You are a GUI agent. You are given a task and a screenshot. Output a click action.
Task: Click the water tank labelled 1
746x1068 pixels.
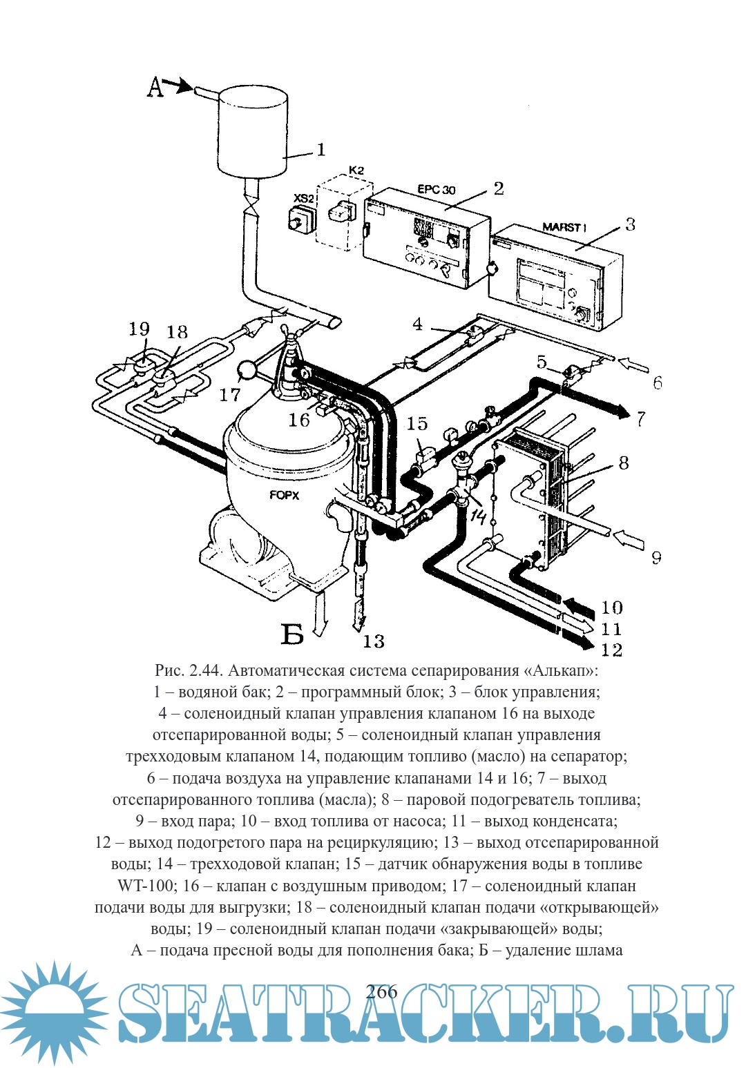pyautogui.click(x=252, y=131)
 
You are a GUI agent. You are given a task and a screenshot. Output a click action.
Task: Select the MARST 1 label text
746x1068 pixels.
pyautogui.click(x=564, y=227)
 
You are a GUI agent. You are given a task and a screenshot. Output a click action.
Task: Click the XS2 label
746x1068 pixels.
pyautogui.click(x=305, y=198)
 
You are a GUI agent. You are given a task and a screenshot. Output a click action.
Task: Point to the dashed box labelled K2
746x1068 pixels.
pyautogui.click(x=343, y=211)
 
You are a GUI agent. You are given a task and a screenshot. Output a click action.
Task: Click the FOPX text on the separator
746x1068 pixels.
pyautogui.click(x=284, y=495)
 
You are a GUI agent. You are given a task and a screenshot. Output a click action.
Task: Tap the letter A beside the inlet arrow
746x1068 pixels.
pyautogui.click(x=156, y=88)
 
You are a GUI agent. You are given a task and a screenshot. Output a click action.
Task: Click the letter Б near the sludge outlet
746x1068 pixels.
pyautogui.click(x=293, y=633)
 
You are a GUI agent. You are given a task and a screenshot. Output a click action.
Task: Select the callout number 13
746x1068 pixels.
pyautogui.click(x=373, y=641)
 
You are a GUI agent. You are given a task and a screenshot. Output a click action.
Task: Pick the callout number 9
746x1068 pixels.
pyautogui.click(x=656, y=557)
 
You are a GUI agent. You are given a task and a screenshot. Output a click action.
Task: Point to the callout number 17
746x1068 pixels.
pyautogui.click(x=229, y=395)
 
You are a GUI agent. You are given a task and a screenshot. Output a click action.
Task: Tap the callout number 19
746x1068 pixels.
pyautogui.click(x=139, y=329)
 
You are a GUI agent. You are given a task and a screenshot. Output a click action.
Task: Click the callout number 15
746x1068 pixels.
pyautogui.click(x=417, y=423)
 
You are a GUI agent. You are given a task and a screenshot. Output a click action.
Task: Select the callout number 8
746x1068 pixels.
pyautogui.click(x=623, y=463)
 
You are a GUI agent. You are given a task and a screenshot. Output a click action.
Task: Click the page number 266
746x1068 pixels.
pyautogui.click(x=382, y=992)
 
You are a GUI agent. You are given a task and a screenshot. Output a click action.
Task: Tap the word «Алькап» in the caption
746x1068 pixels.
pyautogui.click(x=561, y=670)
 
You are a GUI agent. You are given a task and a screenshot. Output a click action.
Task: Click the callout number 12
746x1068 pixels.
pyautogui.click(x=611, y=650)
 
